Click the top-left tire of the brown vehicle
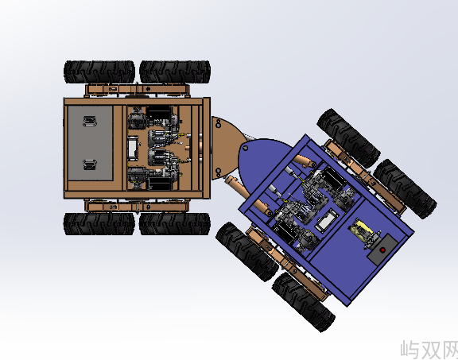click(99, 72)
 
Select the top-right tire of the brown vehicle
click(175, 72)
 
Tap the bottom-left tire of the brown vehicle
click(99, 224)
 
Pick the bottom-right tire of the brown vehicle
click(175, 224)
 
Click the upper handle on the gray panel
click(90, 121)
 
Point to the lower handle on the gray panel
click(90, 164)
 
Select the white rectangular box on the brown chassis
click(133, 149)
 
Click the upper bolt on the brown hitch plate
click(218, 125)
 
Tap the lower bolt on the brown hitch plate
click(218, 171)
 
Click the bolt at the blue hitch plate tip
click(246, 148)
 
